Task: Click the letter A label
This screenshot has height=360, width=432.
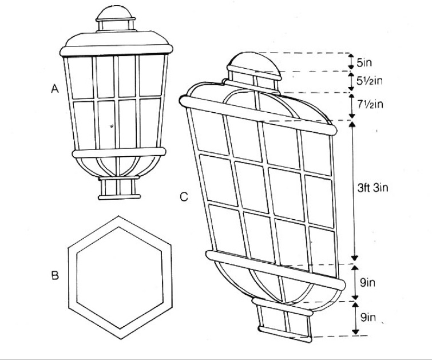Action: point(55,89)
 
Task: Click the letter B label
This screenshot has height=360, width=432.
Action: point(55,275)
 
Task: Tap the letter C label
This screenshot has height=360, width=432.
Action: point(184,197)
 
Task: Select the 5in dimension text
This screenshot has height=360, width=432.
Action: point(364,63)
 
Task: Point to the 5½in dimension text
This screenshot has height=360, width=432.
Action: point(370,81)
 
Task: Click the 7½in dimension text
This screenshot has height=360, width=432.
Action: point(370,104)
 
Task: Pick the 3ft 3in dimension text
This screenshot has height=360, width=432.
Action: point(372,188)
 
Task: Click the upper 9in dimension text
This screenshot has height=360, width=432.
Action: point(367,283)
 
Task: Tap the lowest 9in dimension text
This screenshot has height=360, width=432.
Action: point(368,317)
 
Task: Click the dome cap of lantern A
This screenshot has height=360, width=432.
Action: point(116,13)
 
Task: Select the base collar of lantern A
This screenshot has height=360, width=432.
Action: point(119,188)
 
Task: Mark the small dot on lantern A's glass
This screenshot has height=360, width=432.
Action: point(112,126)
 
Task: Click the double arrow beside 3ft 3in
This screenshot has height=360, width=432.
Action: point(354,191)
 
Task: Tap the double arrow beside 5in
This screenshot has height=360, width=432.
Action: point(351,61)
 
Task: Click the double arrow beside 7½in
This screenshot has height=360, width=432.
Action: point(352,106)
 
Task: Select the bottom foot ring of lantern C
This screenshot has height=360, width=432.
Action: point(285,334)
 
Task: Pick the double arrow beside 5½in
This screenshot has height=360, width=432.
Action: point(351,81)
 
